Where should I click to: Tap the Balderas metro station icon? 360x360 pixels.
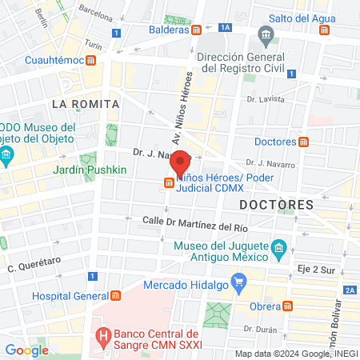[x=197, y=30]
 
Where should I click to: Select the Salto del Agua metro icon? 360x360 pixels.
[x=324, y=31]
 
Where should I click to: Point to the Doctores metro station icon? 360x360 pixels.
[x=303, y=142]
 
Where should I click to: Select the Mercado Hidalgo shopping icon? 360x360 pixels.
[x=238, y=282]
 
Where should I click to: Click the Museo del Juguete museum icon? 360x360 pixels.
[x=278, y=248]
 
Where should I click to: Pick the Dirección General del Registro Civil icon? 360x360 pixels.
[x=266, y=36]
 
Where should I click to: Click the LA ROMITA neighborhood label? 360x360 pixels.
[x=85, y=104]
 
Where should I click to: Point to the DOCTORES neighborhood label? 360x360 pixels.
[x=276, y=205]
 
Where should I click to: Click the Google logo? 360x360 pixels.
[x=27, y=350]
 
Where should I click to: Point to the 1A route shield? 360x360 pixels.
[x=226, y=27]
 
